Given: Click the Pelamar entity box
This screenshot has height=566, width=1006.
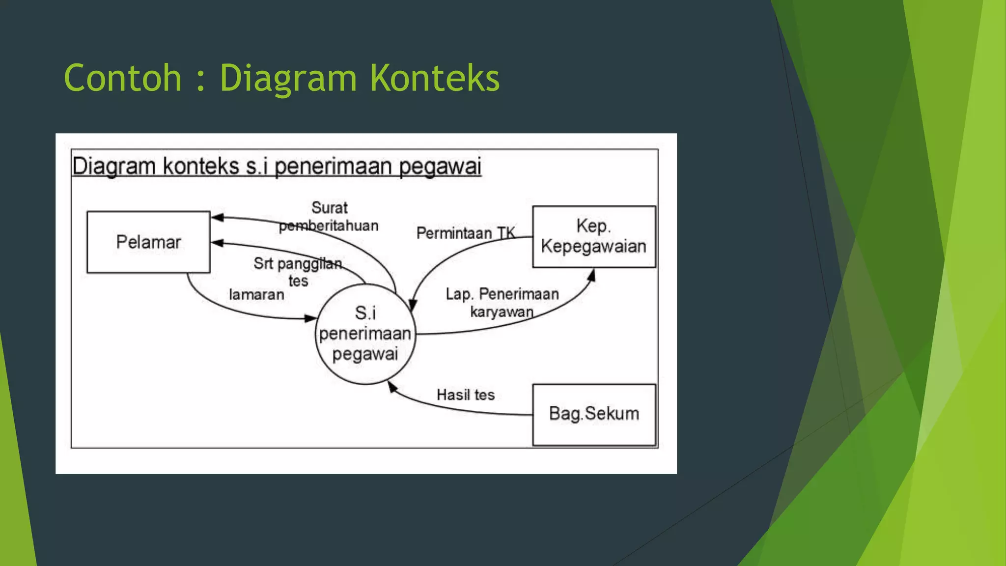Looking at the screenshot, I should (x=148, y=242).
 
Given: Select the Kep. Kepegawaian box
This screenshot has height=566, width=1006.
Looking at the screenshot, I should (x=594, y=236).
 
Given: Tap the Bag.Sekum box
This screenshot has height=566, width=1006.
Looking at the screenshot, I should (x=594, y=414).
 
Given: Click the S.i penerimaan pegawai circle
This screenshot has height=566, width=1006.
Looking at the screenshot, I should (x=365, y=334).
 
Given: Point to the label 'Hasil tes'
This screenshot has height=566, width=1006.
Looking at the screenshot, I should (x=465, y=395).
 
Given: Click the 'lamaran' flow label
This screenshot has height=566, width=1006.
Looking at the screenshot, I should (x=256, y=295).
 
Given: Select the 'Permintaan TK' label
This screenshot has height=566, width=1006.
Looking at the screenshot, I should (x=465, y=233).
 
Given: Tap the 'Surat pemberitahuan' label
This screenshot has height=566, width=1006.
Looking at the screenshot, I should (x=329, y=217).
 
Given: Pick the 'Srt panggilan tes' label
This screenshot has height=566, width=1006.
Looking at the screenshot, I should (x=298, y=272).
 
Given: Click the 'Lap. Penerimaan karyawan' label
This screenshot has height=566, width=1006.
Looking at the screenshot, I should (x=502, y=303).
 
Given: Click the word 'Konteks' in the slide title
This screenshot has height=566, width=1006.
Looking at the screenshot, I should (x=434, y=78).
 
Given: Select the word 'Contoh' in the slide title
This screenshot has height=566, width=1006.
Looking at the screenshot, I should (x=123, y=78).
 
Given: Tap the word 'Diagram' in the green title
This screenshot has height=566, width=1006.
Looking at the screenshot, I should (x=288, y=78).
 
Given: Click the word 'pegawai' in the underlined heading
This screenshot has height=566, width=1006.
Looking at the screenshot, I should (x=440, y=167).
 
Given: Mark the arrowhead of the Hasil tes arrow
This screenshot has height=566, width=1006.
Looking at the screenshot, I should (x=392, y=388).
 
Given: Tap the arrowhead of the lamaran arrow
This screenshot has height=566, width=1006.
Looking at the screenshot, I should (x=310, y=318).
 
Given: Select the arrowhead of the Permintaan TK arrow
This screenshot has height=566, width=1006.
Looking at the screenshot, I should (x=413, y=305).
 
